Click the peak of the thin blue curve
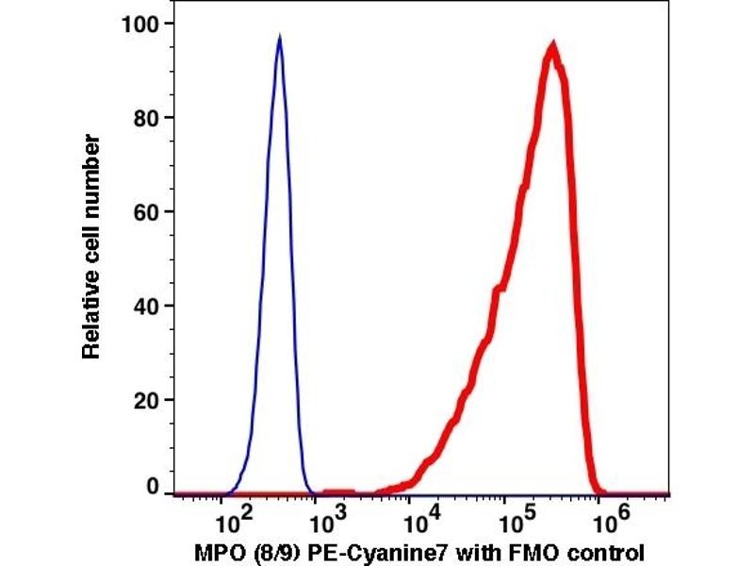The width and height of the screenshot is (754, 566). [279, 39]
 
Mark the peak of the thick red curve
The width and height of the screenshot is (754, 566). [553, 45]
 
